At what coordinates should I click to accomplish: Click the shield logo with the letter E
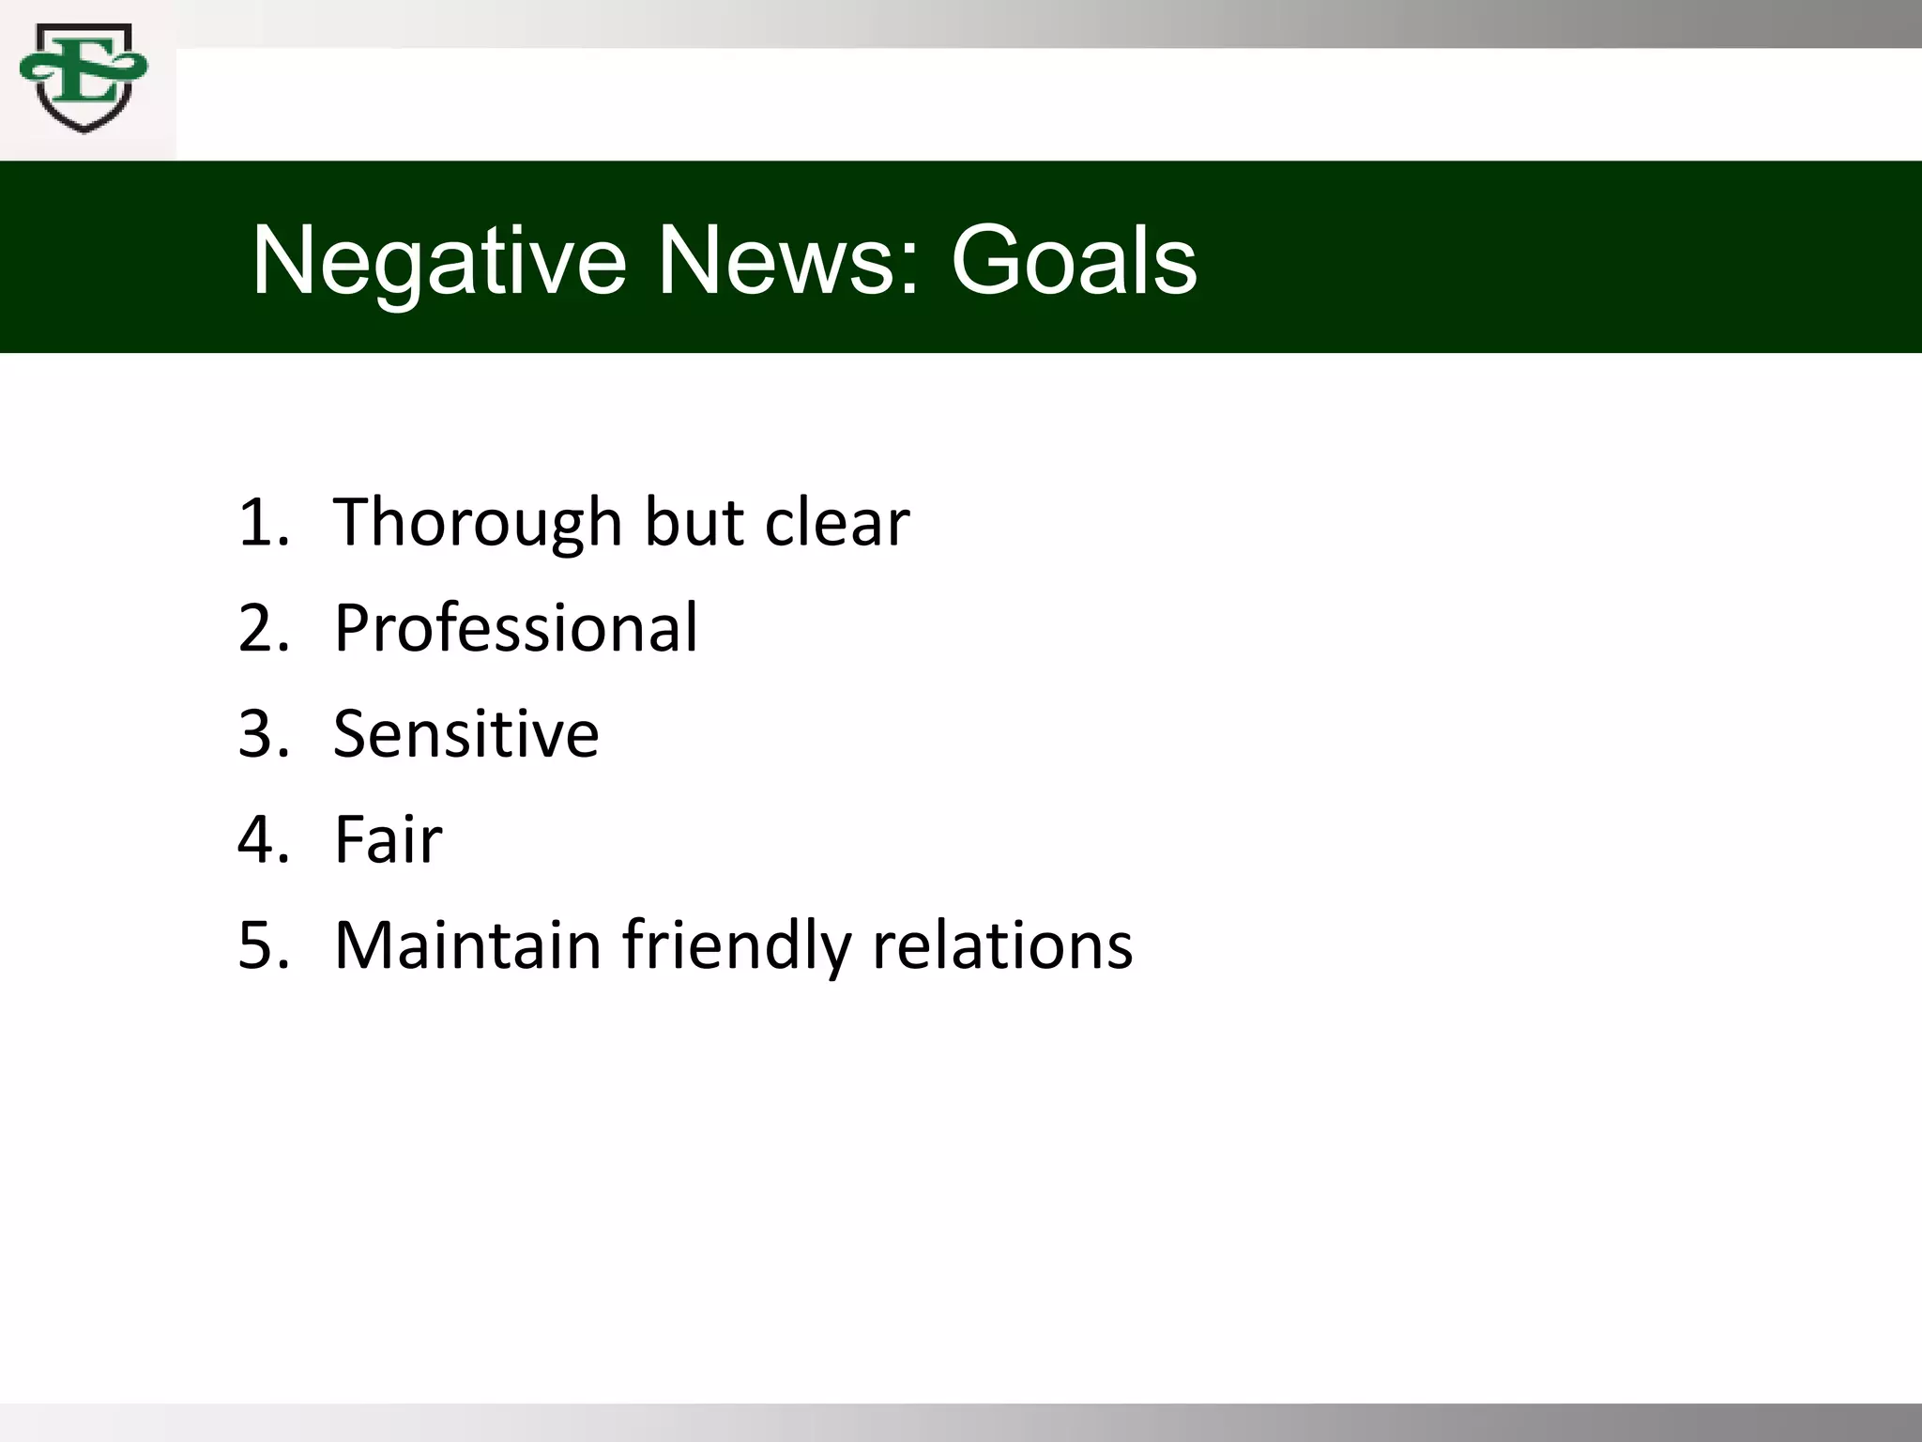[x=84, y=79]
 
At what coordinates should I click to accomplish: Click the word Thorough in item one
[x=477, y=522]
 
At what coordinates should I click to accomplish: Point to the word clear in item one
[x=836, y=522]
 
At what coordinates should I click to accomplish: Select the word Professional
[x=515, y=627]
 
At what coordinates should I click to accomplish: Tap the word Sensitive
[x=465, y=733]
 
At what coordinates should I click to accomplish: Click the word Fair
[x=388, y=839]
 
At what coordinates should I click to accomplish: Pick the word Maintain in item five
[x=467, y=944]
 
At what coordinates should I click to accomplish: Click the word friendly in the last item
[x=737, y=944]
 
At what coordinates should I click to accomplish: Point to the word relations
[x=1002, y=944]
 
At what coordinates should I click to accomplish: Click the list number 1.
[x=259, y=522]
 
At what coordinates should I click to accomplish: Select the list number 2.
[x=259, y=627]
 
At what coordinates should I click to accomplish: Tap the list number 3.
[x=259, y=733]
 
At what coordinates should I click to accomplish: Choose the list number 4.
[x=259, y=839]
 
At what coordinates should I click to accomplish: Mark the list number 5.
[x=259, y=944]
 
